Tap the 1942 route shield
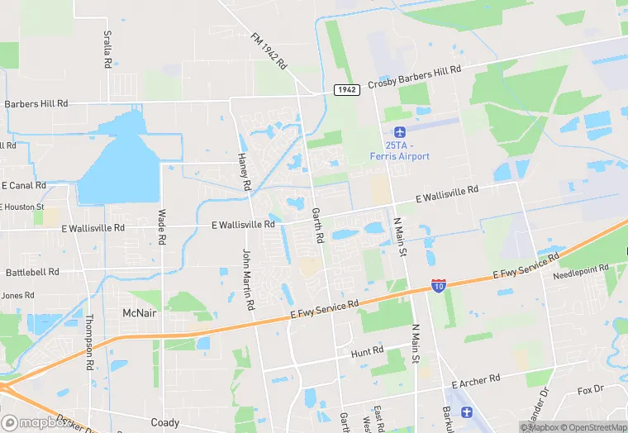point(347,89)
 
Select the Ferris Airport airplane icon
point(401,132)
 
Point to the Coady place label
point(164,422)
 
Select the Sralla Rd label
point(107,49)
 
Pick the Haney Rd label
point(244,172)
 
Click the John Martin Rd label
point(247,279)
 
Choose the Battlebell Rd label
point(32,271)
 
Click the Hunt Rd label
point(367,351)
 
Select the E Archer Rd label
point(476,379)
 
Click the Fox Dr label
point(592,390)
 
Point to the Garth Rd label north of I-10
point(317,225)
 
